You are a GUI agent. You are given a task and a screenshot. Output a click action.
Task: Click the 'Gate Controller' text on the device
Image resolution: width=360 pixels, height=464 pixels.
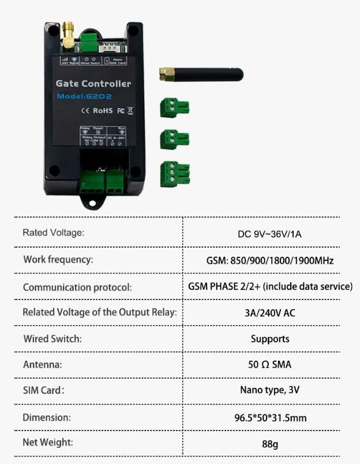(93, 83)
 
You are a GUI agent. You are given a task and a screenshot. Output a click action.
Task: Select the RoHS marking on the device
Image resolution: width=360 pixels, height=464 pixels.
(102, 110)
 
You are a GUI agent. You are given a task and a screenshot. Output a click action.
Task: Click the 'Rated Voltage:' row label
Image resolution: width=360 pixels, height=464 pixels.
(54, 233)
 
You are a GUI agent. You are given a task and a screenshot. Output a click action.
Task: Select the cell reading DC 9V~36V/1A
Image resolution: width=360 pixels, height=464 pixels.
(269, 234)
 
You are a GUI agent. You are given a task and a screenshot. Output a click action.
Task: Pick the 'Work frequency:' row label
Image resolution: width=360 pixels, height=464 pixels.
(58, 260)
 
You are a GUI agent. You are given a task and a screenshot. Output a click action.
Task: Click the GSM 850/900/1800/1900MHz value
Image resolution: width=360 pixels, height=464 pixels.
(269, 260)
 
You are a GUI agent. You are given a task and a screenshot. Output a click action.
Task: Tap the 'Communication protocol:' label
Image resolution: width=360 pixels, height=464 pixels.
(77, 287)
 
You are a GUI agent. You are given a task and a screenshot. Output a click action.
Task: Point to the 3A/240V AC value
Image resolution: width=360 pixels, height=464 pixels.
(269, 313)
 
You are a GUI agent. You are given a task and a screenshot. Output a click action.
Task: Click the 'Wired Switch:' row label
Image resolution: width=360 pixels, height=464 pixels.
(52, 338)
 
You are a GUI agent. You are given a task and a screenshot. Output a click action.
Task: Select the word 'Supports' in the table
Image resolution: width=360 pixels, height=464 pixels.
(269, 339)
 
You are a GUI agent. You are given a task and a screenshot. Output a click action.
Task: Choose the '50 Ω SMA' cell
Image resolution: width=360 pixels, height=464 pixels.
(269, 365)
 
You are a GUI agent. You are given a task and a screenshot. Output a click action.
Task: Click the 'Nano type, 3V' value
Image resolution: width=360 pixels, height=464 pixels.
(269, 390)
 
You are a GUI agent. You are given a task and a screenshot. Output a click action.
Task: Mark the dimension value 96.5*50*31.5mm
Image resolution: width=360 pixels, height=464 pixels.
(269, 417)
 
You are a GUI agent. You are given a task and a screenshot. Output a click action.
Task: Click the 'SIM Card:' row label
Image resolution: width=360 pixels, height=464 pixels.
(44, 390)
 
